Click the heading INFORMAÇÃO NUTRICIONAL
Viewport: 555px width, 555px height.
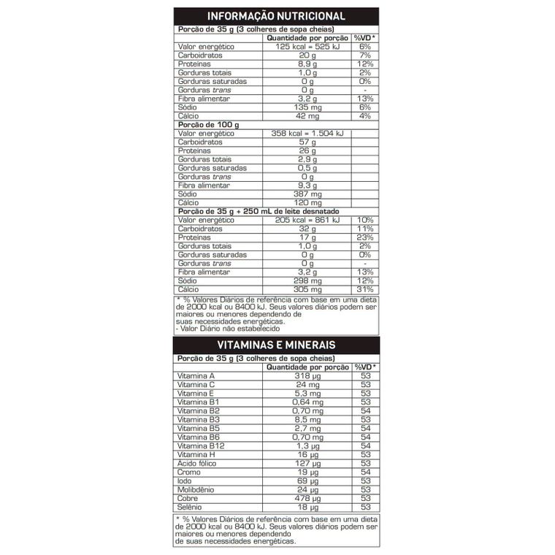coord(277,17)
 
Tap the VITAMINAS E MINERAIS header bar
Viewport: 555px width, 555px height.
coord(277,345)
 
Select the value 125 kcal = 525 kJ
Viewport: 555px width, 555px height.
coord(307,47)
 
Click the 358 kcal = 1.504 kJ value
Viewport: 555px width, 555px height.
coord(307,134)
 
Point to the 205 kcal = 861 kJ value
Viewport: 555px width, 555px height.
coord(307,220)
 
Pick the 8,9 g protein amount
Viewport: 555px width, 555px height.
coord(307,64)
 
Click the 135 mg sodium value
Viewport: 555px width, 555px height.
coord(307,107)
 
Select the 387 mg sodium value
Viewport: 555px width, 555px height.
coord(307,194)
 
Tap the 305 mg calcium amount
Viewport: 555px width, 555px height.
coord(307,289)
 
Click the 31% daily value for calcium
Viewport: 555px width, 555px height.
coord(366,289)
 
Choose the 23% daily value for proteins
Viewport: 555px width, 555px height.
coord(366,237)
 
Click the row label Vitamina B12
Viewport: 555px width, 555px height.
coord(199,445)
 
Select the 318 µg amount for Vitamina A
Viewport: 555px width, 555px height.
coord(307,376)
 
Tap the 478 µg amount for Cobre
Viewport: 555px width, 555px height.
coord(307,497)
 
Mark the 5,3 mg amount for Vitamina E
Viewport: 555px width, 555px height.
coord(307,394)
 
